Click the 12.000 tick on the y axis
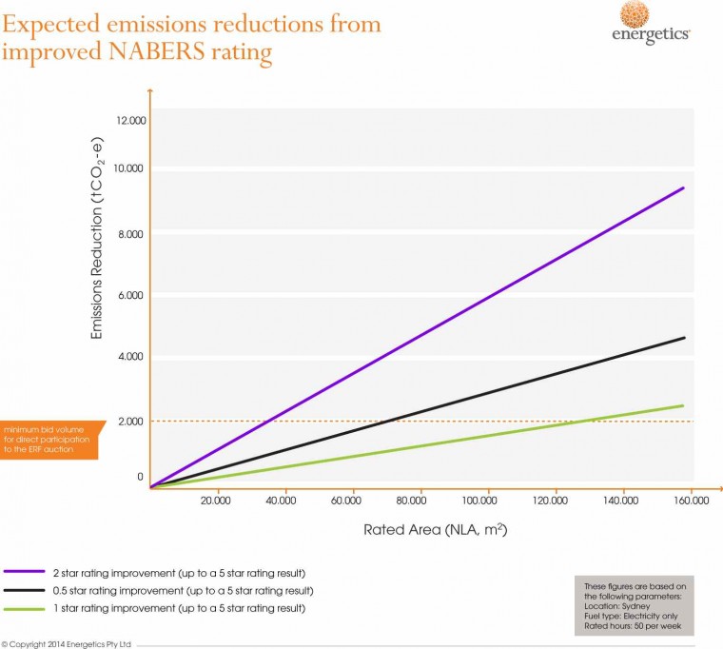tap(129, 121)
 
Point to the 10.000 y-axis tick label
tap(129, 168)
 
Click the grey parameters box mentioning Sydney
tap(635, 605)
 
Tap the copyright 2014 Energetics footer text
tap(66, 644)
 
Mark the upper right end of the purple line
tap(683, 188)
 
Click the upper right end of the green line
tap(683, 406)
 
